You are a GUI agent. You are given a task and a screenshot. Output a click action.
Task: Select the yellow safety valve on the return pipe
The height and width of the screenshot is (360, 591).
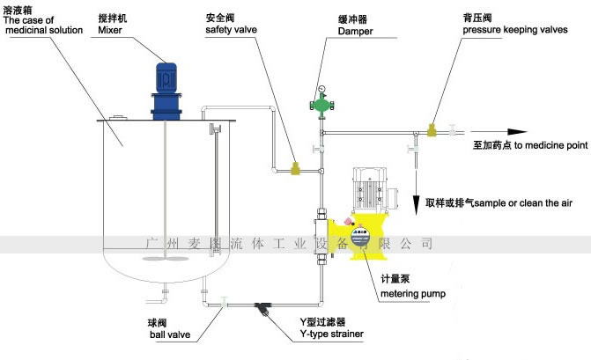click(x=296, y=165)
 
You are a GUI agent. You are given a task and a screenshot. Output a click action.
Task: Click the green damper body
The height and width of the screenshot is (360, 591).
click(x=323, y=105)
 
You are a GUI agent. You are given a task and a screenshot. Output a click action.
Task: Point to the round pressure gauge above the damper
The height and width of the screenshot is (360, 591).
click(x=323, y=88)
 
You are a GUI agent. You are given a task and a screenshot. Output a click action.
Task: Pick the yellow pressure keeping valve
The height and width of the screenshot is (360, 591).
click(x=432, y=131)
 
